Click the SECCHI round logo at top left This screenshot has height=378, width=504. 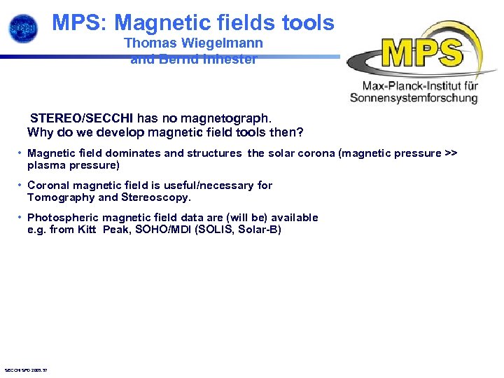23,27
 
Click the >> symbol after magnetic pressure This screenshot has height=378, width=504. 451,153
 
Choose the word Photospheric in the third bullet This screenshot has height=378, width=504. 62,218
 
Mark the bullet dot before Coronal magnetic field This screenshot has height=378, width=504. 20,185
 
